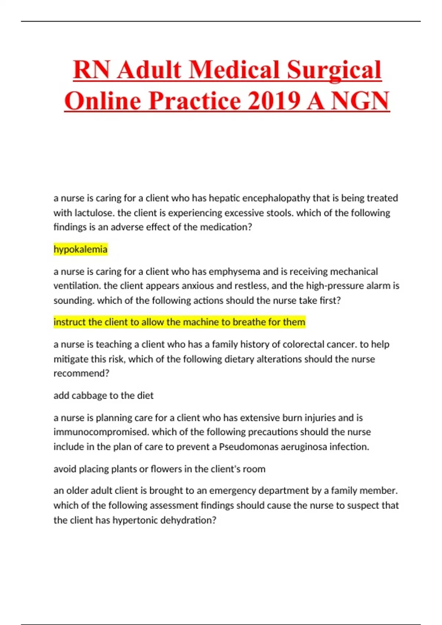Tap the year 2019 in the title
click(x=274, y=101)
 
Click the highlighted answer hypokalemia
click(x=80, y=249)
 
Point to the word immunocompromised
click(x=101, y=432)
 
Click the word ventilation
click(x=77, y=286)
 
